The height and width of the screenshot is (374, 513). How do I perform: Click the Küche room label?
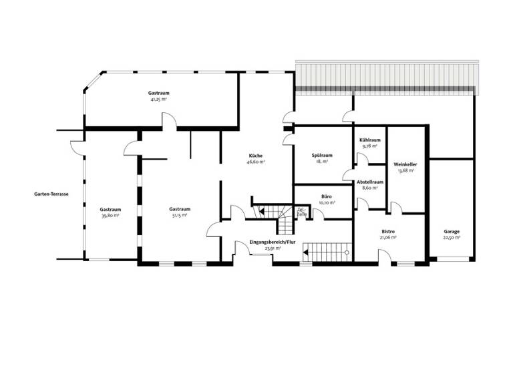pos(256,156)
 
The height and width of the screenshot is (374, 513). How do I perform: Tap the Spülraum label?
pos(322,156)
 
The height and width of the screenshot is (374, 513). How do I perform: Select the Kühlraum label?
pos(369,140)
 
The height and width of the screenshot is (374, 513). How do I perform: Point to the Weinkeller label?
pos(405,164)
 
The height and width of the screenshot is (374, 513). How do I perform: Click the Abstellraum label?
pos(369,182)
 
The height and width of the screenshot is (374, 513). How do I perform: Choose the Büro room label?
pos(327,196)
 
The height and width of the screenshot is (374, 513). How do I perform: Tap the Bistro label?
pos(388,231)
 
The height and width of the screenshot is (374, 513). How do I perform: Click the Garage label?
pos(452,232)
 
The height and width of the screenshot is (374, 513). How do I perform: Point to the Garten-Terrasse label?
pos(51,194)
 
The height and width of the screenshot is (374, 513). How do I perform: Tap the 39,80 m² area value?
pos(110,215)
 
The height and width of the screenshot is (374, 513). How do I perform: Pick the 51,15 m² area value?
pos(180,215)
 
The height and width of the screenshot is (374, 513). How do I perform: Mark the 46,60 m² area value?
pos(256,162)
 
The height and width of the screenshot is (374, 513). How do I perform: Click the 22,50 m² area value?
pos(452,238)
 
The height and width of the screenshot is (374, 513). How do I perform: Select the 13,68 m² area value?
pos(405,170)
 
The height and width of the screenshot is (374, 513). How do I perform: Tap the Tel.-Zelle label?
pos(301,212)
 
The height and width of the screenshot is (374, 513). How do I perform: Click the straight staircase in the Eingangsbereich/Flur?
pos(327,252)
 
